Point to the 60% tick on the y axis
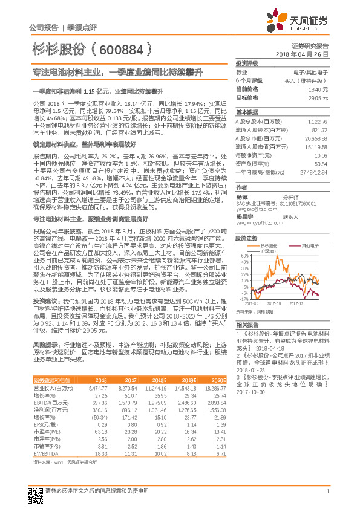tap(243, 256)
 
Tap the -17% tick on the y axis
tap(243, 299)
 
